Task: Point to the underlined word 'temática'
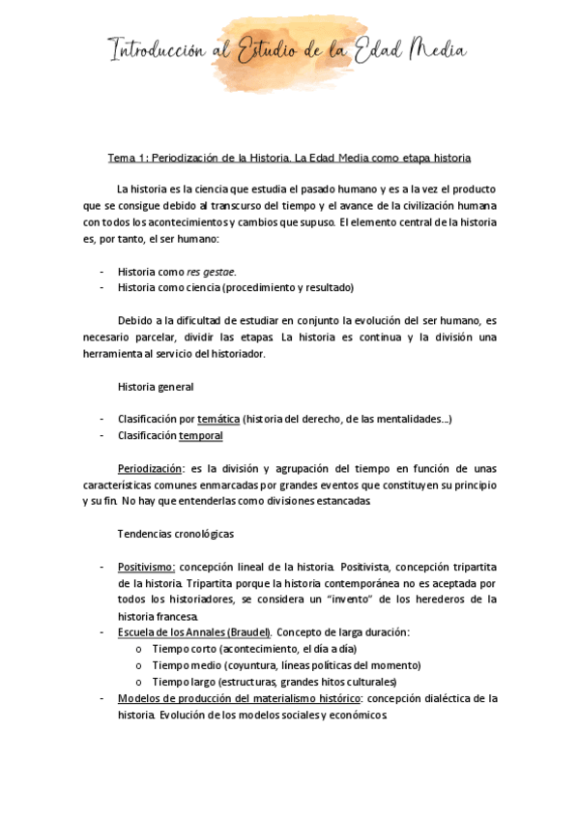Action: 218,419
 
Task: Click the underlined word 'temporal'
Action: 201,435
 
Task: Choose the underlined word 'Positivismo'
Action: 146,567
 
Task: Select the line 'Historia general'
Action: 156,387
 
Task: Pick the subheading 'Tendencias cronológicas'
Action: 175,534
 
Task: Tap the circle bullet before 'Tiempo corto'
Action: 141,649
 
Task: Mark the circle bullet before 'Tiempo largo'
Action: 141,682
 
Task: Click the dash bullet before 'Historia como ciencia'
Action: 101,288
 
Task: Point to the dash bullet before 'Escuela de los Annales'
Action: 101,632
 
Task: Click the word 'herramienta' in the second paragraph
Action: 122,354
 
